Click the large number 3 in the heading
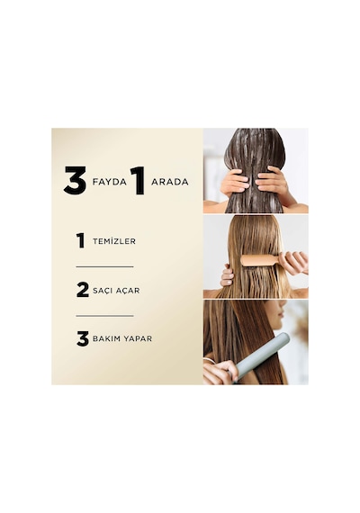click(75, 180)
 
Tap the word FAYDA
click(110, 182)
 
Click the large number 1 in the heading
click(138, 181)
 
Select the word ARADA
click(170, 182)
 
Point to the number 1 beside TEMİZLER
click(80, 241)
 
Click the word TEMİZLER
click(114, 241)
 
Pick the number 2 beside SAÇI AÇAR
click(83, 290)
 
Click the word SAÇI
click(102, 291)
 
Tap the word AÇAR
click(127, 291)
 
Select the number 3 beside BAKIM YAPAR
click(83, 338)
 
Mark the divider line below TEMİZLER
click(104, 266)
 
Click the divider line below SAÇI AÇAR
click(104, 316)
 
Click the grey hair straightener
click(262, 357)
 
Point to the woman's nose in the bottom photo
click(285, 309)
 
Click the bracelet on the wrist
click(210, 360)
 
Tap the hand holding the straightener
click(219, 373)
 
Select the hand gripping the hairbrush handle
click(293, 262)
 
